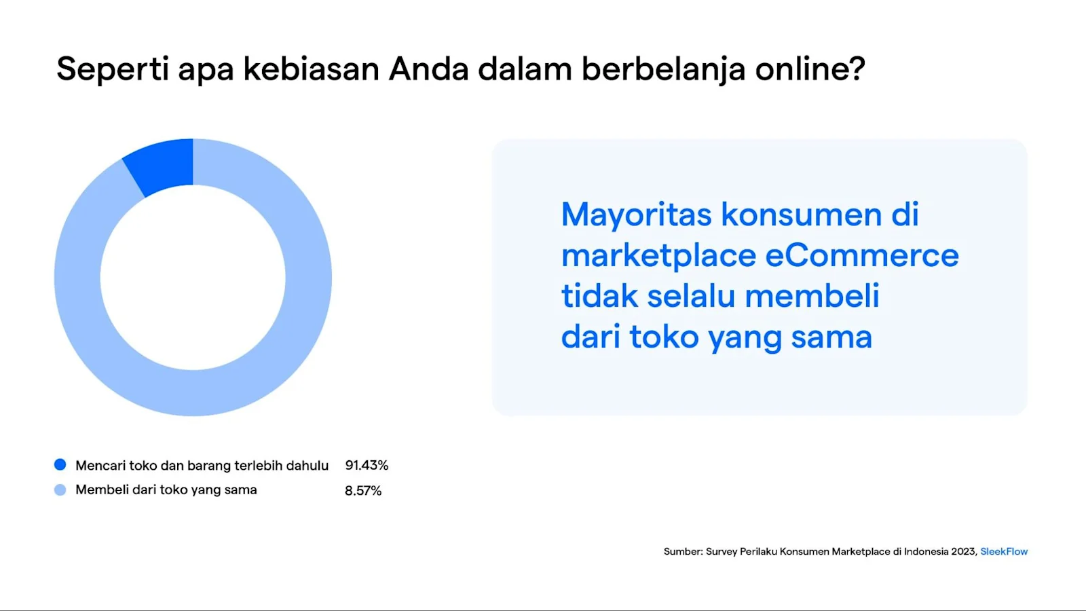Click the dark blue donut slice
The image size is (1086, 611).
(x=162, y=166)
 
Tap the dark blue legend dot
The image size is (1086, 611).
(x=60, y=465)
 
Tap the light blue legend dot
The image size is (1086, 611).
(x=60, y=490)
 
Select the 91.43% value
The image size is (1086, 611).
(x=367, y=466)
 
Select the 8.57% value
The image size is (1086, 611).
(x=363, y=491)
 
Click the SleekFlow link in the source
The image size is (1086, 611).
(x=1004, y=552)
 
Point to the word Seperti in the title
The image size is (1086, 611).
(x=113, y=69)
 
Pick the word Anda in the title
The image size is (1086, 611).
(x=428, y=69)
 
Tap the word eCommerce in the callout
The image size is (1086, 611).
(x=862, y=256)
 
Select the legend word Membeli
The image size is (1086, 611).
(x=102, y=490)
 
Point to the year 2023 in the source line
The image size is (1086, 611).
(x=964, y=552)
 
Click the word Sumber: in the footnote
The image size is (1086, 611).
(x=683, y=552)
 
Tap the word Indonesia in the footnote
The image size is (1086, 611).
(x=926, y=552)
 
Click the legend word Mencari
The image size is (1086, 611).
(x=100, y=466)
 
